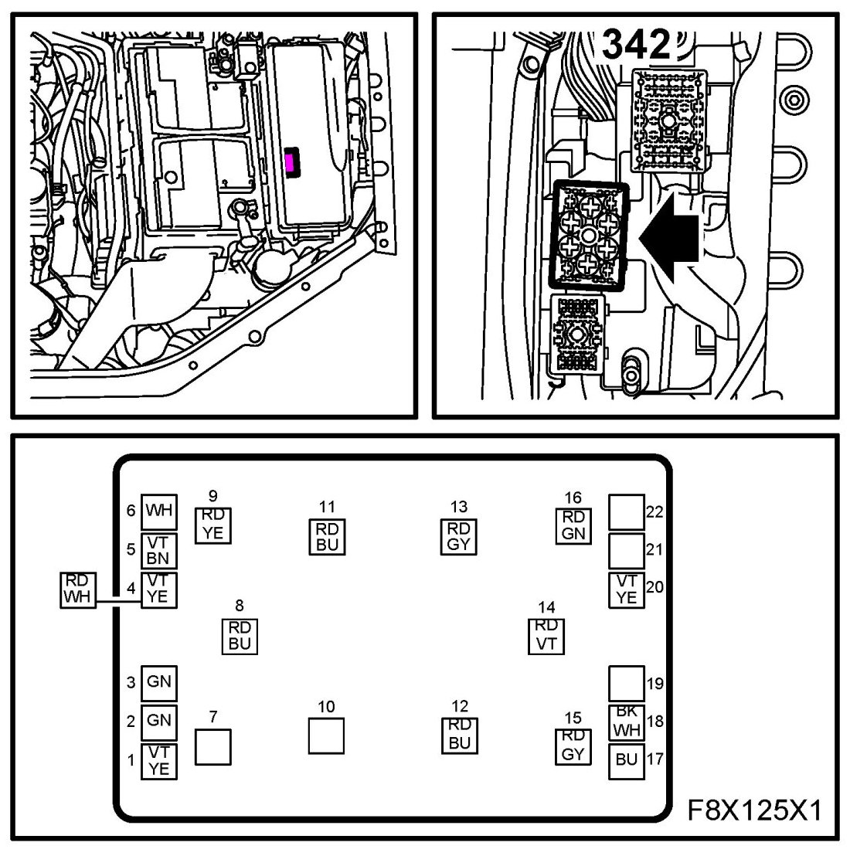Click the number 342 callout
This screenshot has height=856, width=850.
point(634,46)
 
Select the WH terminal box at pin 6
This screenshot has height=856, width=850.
point(158,511)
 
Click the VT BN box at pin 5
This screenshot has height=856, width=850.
point(158,550)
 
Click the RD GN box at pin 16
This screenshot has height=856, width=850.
point(573,525)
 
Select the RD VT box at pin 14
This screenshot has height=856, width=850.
point(546,635)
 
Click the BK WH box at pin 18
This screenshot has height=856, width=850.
point(627,722)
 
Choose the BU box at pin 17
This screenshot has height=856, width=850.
point(627,759)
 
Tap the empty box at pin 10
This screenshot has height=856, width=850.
point(326,735)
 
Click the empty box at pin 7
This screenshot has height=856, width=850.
point(212,747)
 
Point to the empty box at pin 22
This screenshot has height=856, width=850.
point(627,511)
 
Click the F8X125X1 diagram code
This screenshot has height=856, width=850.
point(753,811)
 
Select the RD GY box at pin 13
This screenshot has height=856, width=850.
point(459,536)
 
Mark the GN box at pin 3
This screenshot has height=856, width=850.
point(158,682)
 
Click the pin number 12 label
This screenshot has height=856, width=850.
point(459,706)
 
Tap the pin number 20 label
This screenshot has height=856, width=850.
point(654,587)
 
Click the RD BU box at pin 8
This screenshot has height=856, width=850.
point(240,635)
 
